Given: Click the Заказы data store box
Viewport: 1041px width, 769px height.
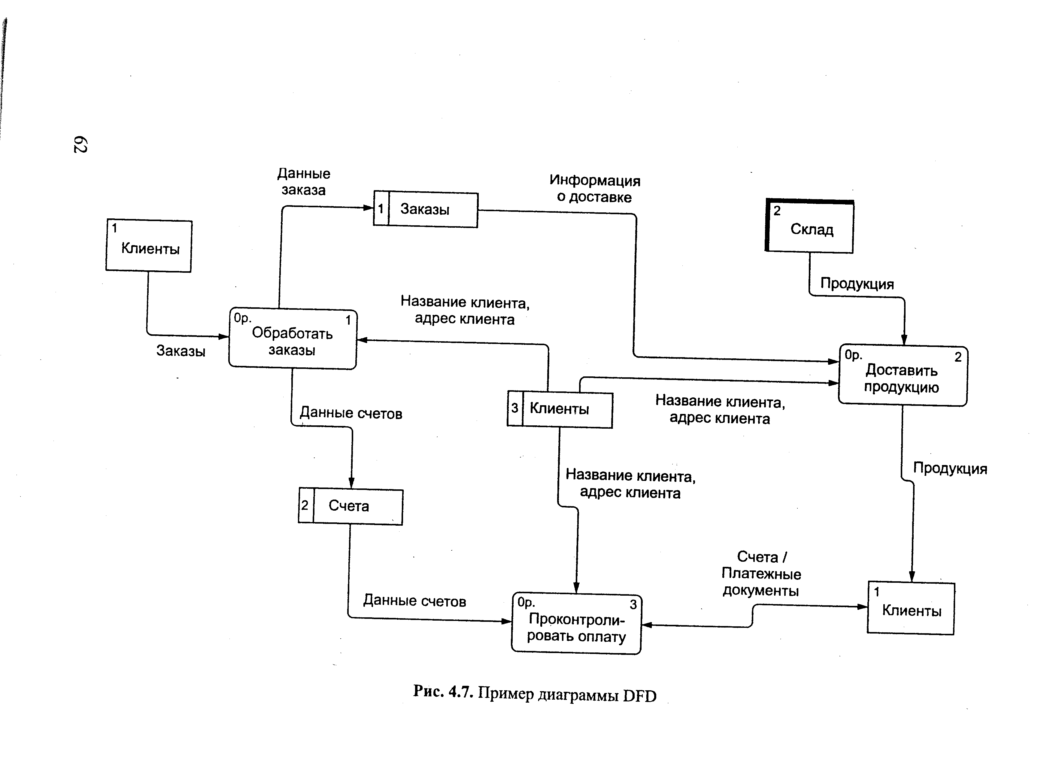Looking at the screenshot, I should click(x=425, y=209).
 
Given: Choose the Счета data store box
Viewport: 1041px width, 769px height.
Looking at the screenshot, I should click(x=351, y=506).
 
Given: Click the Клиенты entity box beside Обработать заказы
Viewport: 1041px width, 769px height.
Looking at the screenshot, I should click(x=149, y=246).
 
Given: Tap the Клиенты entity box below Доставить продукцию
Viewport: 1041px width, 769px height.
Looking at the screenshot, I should click(x=911, y=608).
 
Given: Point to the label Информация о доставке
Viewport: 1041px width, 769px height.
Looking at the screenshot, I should click(x=594, y=189).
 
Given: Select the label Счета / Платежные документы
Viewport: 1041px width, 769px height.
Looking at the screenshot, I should click(x=761, y=574).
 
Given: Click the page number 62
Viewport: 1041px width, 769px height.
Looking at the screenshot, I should click(x=80, y=144).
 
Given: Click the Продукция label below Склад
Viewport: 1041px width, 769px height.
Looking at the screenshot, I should click(x=857, y=284).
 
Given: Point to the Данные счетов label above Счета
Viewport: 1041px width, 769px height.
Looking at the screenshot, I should click(x=351, y=413).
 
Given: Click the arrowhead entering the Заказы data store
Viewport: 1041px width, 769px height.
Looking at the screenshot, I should click(x=368, y=208).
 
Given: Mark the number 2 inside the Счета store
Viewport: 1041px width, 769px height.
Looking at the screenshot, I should click(x=305, y=505).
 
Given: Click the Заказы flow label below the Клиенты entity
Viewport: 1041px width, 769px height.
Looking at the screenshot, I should click(x=181, y=351).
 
